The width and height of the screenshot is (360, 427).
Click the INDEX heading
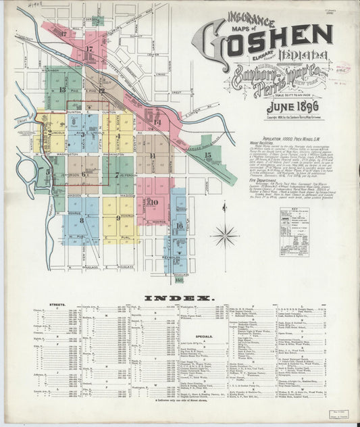tap(179, 297)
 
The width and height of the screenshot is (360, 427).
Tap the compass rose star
tap(225, 236)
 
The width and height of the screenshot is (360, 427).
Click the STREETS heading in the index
tap(59, 305)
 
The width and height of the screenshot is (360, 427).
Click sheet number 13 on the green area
tap(62, 89)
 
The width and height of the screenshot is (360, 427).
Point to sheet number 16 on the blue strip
tap(179, 225)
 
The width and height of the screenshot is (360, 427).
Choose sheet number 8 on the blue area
tap(80, 220)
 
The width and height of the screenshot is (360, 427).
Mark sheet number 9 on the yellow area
tap(119, 218)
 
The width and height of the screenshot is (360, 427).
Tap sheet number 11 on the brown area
tap(153, 156)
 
